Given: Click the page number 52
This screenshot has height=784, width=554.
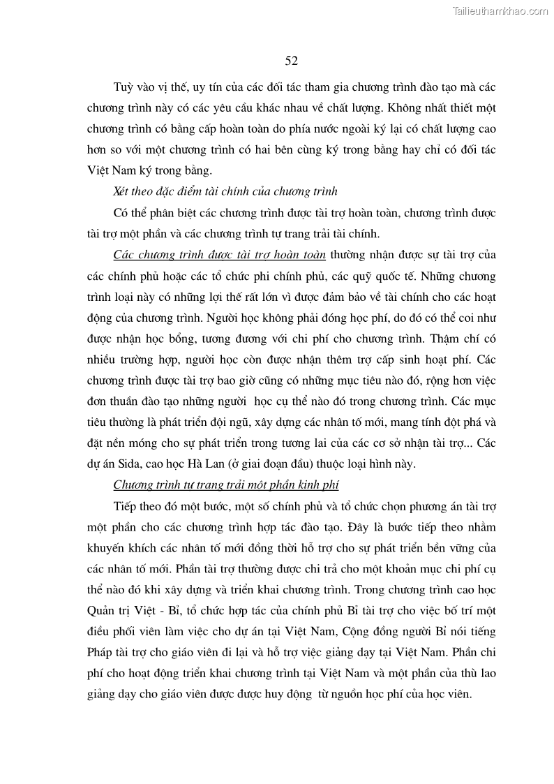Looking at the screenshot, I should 292,61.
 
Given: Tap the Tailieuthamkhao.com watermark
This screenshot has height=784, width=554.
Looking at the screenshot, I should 501,10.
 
